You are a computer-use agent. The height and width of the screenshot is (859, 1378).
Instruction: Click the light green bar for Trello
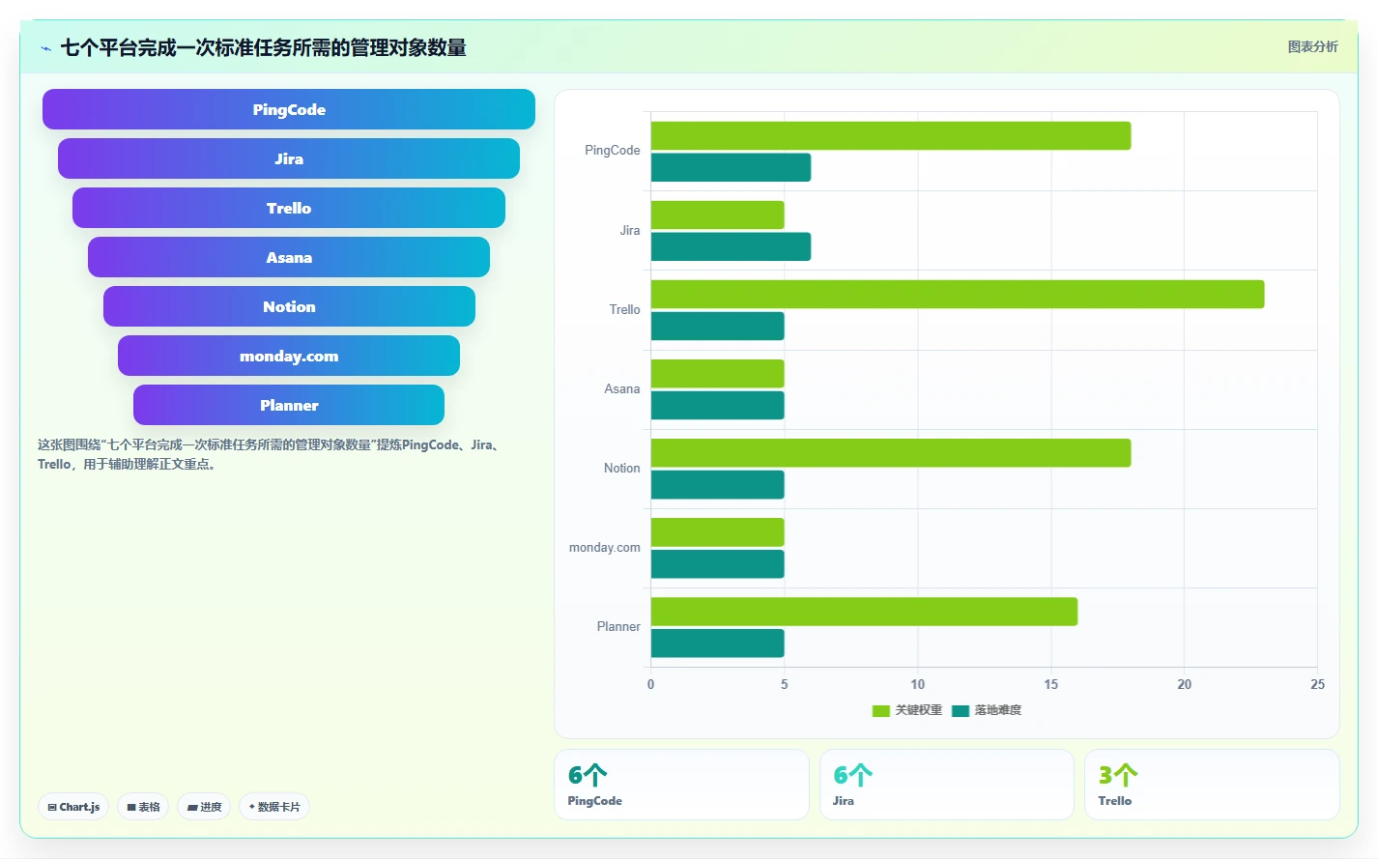pyautogui.click(x=958, y=294)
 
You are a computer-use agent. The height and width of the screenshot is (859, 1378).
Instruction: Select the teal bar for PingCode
pyautogui.click(x=731, y=167)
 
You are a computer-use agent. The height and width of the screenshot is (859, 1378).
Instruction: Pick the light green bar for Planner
pyautogui.click(x=864, y=612)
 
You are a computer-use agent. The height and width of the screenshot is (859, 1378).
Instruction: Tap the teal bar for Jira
pyautogui.click(x=731, y=246)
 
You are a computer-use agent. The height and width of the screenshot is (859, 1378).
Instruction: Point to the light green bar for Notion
pyautogui.click(x=891, y=453)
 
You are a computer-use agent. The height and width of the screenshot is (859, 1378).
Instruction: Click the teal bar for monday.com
pyautogui.click(x=717, y=564)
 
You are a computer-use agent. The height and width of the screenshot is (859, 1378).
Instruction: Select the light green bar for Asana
pyautogui.click(x=717, y=374)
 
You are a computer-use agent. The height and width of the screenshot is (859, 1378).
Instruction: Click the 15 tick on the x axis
pyautogui.click(x=1050, y=684)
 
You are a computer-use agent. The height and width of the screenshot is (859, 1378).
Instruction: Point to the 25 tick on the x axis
pyautogui.click(x=1317, y=684)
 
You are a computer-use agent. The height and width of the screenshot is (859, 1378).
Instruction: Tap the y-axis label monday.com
pyautogui.click(x=604, y=547)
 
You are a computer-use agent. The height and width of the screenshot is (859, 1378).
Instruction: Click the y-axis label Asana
pyautogui.click(x=622, y=388)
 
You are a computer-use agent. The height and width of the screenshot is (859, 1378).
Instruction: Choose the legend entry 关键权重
pyautogui.click(x=907, y=710)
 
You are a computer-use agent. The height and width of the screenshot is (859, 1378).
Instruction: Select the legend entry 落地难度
pyautogui.click(x=987, y=710)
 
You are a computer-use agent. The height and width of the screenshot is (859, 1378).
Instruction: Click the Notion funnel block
pyautogui.click(x=289, y=306)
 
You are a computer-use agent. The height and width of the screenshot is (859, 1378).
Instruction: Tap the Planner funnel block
pyautogui.click(x=289, y=405)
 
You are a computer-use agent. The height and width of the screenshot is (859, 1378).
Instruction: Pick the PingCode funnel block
pyautogui.click(x=289, y=109)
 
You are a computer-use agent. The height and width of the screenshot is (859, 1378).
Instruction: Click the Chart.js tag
pyautogui.click(x=73, y=807)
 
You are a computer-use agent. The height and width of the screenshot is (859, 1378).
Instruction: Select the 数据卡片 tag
pyautogui.click(x=274, y=807)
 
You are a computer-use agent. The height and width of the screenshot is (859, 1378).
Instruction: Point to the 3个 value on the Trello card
pyautogui.click(x=1118, y=775)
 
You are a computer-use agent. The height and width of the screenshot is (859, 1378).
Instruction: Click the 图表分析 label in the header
pyautogui.click(x=1313, y=46)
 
